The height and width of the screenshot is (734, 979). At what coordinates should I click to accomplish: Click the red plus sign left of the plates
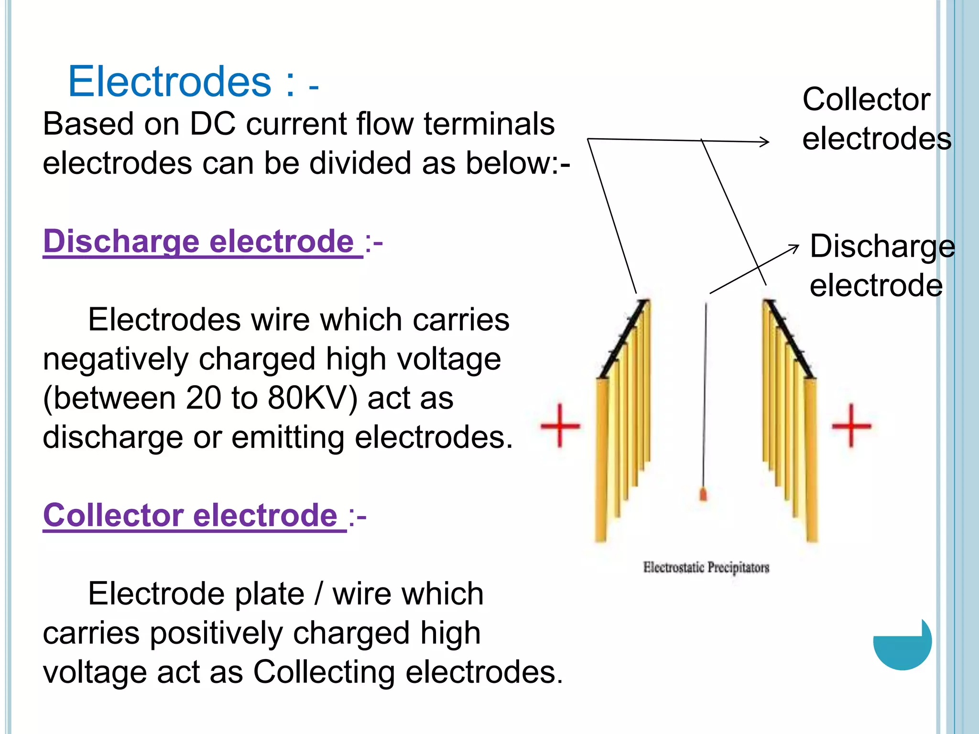point(560,425)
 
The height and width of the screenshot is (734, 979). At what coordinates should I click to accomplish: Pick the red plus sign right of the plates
point(851,425)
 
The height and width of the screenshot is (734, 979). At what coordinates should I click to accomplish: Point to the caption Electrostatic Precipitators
point(706,567)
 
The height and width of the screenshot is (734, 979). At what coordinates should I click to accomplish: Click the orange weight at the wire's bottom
point(703,494)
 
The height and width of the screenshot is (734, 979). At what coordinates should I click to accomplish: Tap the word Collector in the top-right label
point(866,99)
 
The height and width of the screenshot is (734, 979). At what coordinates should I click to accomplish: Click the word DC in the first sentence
point(213,124)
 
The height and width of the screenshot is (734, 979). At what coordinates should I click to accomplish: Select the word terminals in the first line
point(489,124)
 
